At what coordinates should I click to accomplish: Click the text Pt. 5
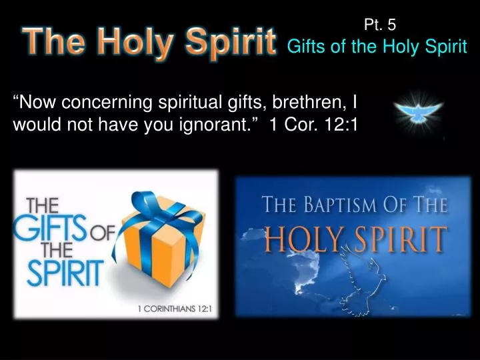[x=381, y=25]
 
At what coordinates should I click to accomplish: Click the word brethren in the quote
[x=313, y=103]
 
